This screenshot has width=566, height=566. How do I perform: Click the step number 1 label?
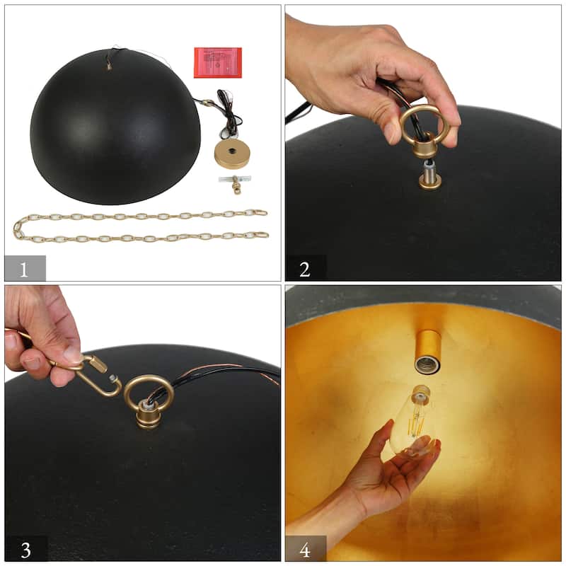coord(25,268)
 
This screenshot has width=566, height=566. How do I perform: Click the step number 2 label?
coord(305,268)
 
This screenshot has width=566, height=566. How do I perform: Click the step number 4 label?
coord(305,549)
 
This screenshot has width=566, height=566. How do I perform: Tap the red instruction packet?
coord(217,62)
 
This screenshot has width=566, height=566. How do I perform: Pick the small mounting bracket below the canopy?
coord(235,185)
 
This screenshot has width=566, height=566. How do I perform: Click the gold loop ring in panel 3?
coord(149,393)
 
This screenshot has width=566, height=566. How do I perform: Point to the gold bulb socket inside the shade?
coord(429,350)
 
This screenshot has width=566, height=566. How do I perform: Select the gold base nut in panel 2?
coord(429,181)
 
